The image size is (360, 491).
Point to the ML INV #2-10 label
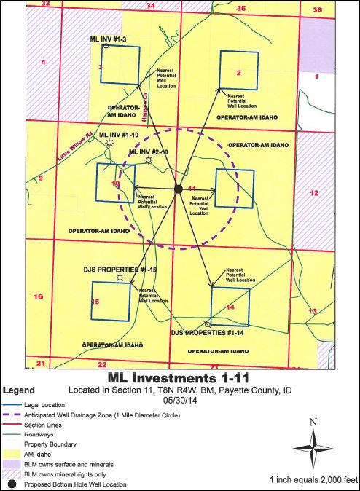pyautogui.click(x=148, y=152)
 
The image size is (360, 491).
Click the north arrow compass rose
pyautogui.click(x=312, y=447)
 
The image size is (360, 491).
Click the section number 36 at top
pyautogui.click(x=317, y=9)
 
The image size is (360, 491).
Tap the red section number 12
pyautogui.click(x=315, y=193)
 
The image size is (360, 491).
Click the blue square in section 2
pyautogui.click(x=239, y=70)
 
